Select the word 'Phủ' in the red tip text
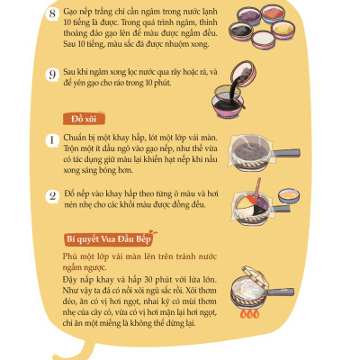click(x=76, y=256)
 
